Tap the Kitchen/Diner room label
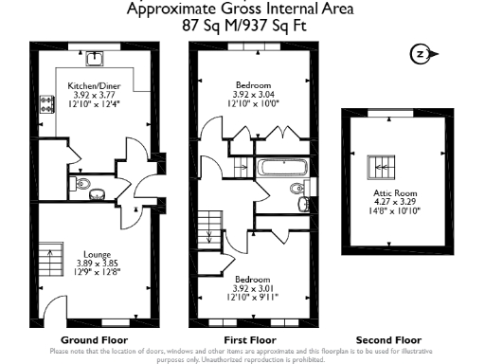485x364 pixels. pyautogui.click(x=92, y=84)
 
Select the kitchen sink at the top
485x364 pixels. pyautogui.click(x=95, y=59)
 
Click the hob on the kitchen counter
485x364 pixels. pyautogui.click(x=45, y=104)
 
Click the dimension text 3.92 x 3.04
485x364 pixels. pyautogui.click(x=253, y=94)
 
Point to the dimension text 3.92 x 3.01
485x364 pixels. pyautogui.click(x=253, y=288)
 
